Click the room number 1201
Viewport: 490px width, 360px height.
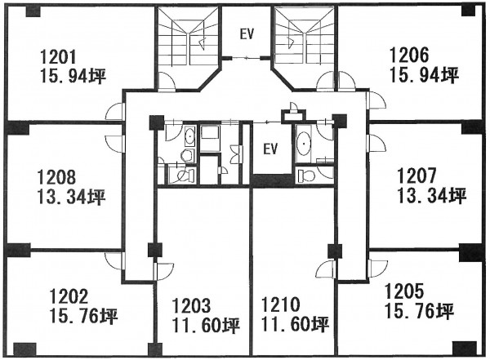tap(58, 57)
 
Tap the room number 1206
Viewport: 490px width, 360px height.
tap(409, 56)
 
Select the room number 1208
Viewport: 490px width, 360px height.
tap(56, 177)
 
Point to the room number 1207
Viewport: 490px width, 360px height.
tap(416, 176)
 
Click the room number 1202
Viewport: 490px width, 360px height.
tap(69, 296)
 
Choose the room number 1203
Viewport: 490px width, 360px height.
tap(191, 306)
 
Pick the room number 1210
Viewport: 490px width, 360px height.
tap(280, 304)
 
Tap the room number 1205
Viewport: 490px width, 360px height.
tap(404, 291)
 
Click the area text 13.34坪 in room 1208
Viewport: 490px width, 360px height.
tap(72, 197)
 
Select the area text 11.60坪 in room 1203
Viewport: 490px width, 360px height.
tap(207, 326)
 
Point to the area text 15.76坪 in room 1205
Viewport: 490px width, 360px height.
tap(420, 311)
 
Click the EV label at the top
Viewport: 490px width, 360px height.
tap(247, 34)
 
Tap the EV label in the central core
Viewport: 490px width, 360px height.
tap(270, 149)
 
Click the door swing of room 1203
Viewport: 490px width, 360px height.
tap(164, 272)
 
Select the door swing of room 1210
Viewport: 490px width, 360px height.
tap(326, 269)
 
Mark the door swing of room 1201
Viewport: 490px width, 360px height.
tap(114, 111)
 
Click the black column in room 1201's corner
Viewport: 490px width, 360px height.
tap(33, 11)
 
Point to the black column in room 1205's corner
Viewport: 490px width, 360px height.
tap(465, 349)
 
